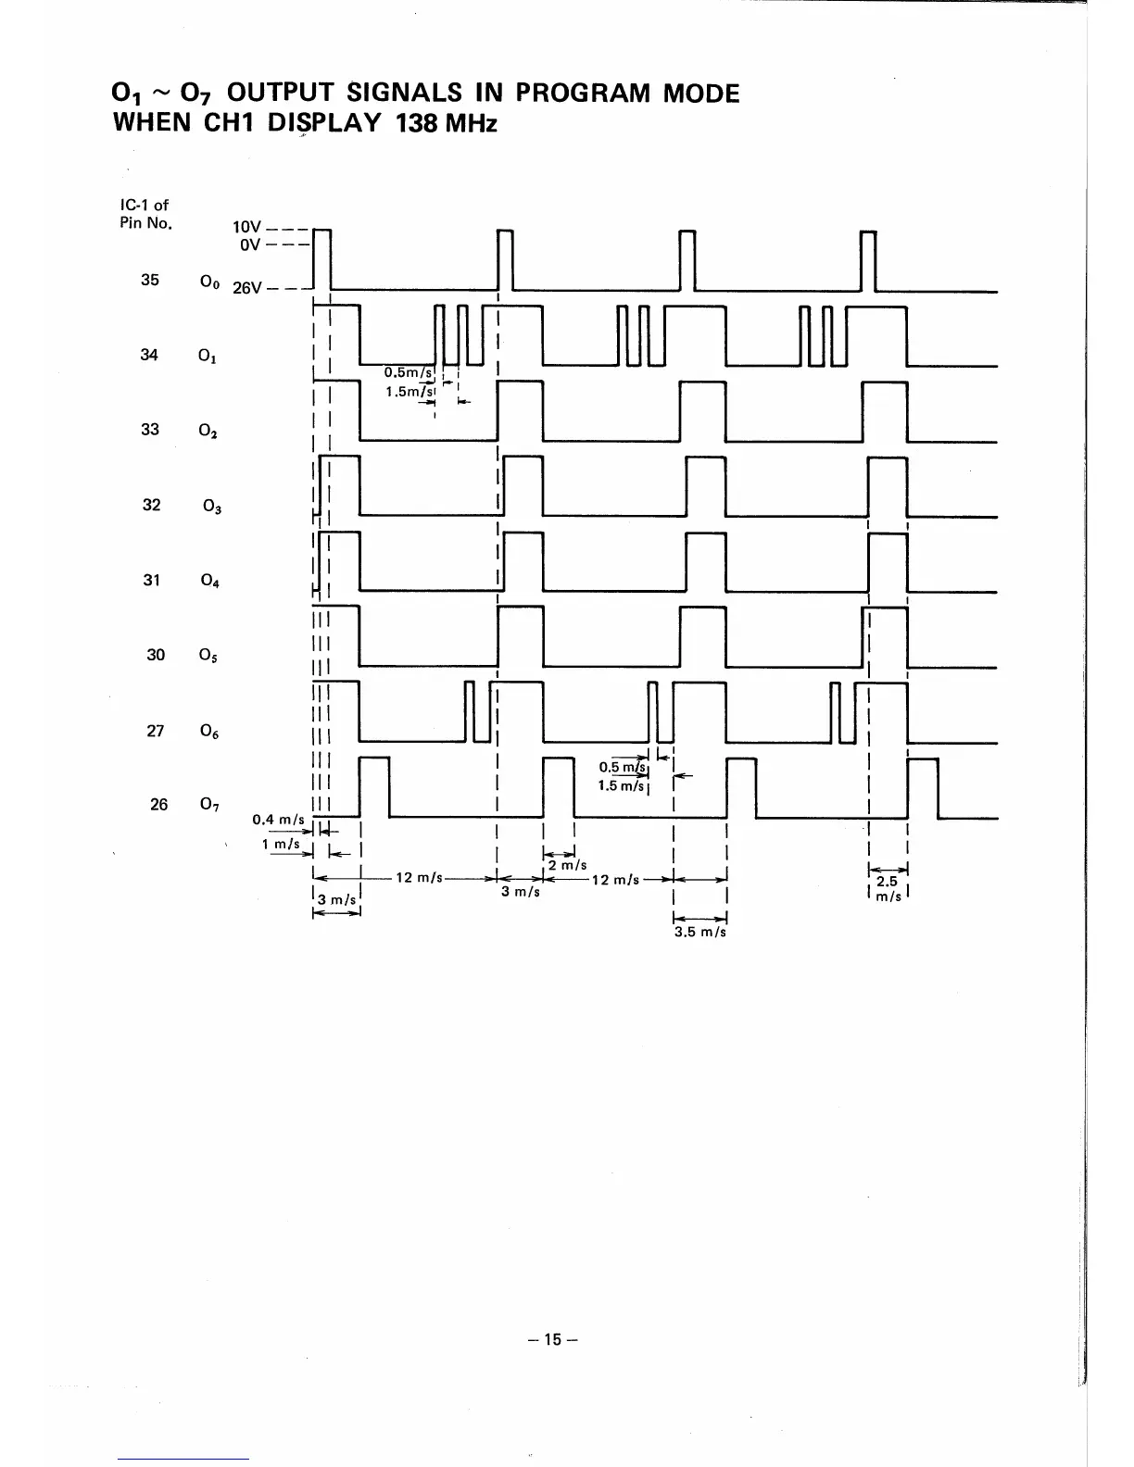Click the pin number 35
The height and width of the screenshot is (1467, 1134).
pyautogui.click(x=149, y=280)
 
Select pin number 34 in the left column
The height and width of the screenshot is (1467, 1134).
pyautogui.click(x=149, y=355)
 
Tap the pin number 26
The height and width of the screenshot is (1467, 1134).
pyautogui.click(x=158, y=805)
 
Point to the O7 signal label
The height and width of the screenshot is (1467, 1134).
pyautogui.click(x=209, y=805)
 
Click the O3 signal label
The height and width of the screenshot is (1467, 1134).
pyautogui.click(x=212, y=506)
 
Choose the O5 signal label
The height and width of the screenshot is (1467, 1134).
pyautogui.click(x=208, y=655)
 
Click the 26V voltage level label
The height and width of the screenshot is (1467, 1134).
pyautogui.click(x=247, y=288)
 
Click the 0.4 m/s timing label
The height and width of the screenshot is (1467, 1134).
pyautogui.click(x=278, y=819)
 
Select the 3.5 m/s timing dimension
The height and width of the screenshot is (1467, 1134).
pyautogui.click(x=700, y=933)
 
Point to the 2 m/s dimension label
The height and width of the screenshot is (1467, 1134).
pyautogui.click(x=568, y=865)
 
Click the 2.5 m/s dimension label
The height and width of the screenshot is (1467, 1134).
pyautogui.click(x=888, y=889)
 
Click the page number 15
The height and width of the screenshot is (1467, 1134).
pyautogui.click(x=553, y=1339)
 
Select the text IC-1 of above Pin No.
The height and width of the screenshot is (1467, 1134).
pyautogui.click(x=145, y=205)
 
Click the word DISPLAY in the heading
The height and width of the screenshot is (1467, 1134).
pyautogui.click(x=324, y=123)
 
